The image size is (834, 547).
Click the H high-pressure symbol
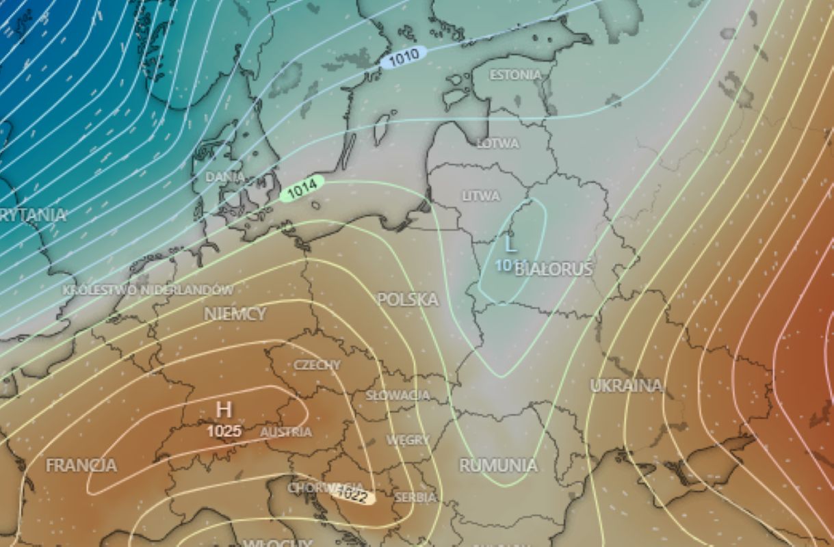[223, 410]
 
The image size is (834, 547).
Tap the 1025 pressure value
[224, 431]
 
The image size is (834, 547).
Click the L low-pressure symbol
[510, 243]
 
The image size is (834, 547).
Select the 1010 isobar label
[403, 58]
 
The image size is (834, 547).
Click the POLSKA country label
[408, 299]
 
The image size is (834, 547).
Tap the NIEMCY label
[235, 314]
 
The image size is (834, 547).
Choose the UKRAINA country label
[626, 386]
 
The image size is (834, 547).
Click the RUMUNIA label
[498, 466]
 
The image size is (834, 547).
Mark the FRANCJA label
[81, 466]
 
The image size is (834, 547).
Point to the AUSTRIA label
[286, 432]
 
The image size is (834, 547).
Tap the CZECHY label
[317, 364]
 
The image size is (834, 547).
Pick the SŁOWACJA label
[398, 395]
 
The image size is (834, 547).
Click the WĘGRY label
[408, 440]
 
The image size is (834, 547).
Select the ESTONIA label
[516, 75]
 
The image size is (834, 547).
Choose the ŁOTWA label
[498, 144]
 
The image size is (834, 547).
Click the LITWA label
[481, 196]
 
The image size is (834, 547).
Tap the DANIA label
[225, 177]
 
